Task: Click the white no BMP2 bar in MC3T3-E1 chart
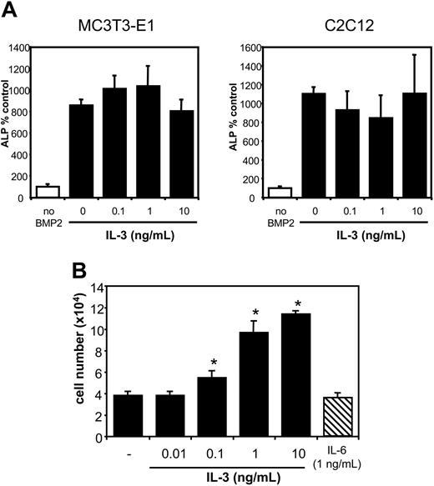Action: [48, 192]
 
